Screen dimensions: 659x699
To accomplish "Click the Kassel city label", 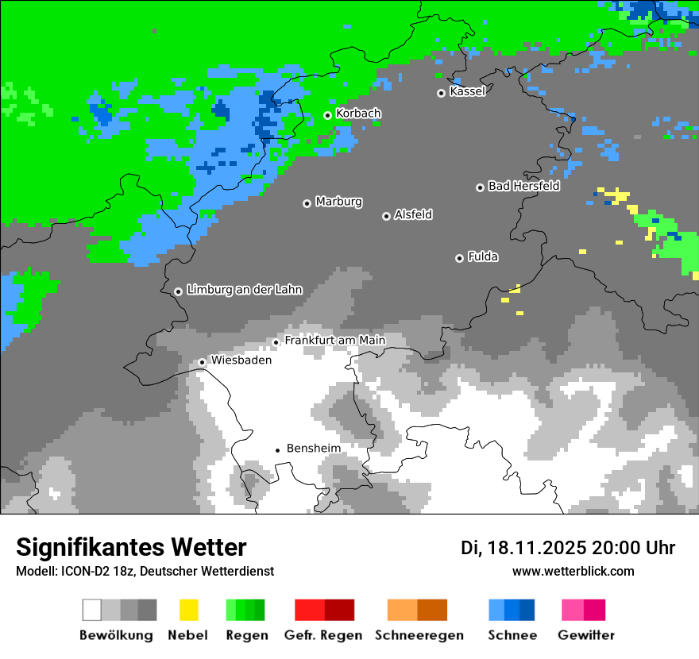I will pyautogui.click(x=467, y=91).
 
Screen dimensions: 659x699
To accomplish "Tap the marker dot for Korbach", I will pyautogui.click(x=327, y=115).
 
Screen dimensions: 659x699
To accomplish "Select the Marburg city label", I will pyautogui.click(x=338, y=202).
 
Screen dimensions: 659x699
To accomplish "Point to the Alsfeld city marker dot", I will pyautogui.click(x=386, y=216).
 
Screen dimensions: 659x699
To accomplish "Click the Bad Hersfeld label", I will pyautogui.click(x=523, y=186).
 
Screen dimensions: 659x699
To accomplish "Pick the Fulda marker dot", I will pyautogui.click(x=459, y=258).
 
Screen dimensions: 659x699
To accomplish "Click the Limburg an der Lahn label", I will pyautogui.click(x=244, y=290).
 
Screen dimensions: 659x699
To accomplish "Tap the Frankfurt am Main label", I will pyautogui.click(x=334, y=340).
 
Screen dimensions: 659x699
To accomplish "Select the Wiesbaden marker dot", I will pyautogui.click(x=203, y=362).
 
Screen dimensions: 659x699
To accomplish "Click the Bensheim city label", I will pyautogui.click(x=313, y=449).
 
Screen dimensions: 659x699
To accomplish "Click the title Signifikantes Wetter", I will pyautogui.click(x=131, y=547).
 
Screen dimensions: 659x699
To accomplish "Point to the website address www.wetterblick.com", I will pyautogui.click(x=573, y=571).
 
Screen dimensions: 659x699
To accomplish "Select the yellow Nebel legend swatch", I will pyautogui.click(x=188, y=610).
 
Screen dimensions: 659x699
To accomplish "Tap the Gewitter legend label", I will pyautogui.click(x=585, y=635).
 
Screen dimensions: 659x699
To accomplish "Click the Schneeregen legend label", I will pyautogui.click(x=419, y=635).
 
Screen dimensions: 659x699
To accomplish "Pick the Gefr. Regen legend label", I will pyautogui.click(x=323, y=635).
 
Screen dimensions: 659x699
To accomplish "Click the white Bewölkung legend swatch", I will pyautogui.click(x=92, y=610).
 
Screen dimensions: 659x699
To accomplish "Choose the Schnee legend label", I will pyautogui.click(x=512, y=635).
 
